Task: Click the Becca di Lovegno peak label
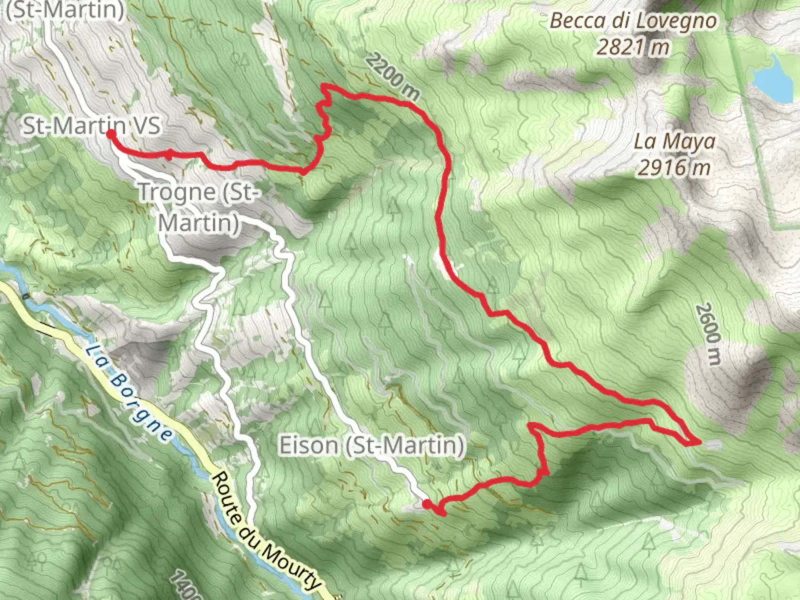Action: pos(634,22)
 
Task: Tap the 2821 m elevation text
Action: pos(633,47)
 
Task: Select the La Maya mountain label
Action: pos(674,141)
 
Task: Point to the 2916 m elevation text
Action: pos(674,166)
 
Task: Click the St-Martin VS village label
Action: pos(92,126)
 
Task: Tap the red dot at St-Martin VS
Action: pos(111,134)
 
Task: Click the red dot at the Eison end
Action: pos(426,504)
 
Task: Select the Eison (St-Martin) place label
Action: pos(371,446)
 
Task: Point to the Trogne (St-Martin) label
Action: pos(198,207)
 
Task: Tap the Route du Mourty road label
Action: pos(266,531)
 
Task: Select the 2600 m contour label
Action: pos(708,333)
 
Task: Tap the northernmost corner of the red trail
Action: pos(324,86)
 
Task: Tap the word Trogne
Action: pos(177,192)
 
